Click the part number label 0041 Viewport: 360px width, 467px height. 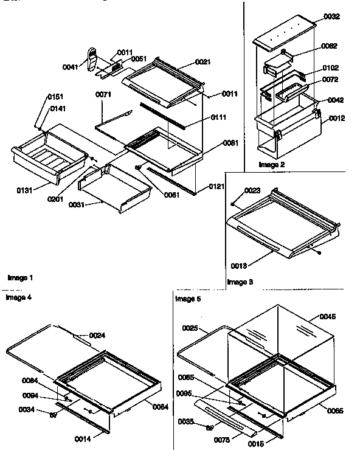click(x=71, y=67)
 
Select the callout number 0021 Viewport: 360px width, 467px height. click(x=203, y=62)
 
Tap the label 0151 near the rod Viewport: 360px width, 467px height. click(x=55, y=97)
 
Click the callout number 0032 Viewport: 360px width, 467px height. click(x=331, y=18)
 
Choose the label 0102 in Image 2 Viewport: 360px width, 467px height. click(x=331, y=68)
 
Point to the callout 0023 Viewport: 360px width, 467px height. click(x=252, y=190)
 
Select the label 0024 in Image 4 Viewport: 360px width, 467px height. click(x=97, y=335)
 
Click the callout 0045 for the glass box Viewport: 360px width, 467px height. click(x=327, y=316)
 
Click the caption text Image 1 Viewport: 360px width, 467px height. click(x=20, y=277)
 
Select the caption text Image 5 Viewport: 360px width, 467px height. click(x=187, y=299)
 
